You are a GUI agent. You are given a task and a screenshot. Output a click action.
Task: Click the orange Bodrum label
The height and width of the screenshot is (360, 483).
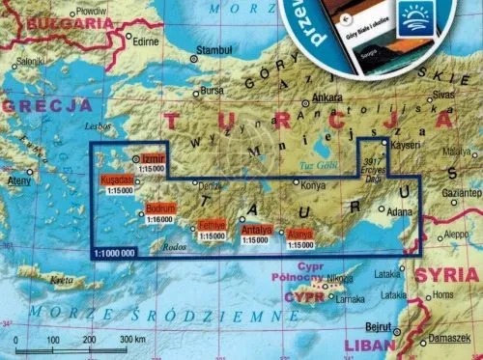coord(161,208)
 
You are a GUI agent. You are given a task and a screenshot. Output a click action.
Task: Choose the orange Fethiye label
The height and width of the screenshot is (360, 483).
coord(212,224)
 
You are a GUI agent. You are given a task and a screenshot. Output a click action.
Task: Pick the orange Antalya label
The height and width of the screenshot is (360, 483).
coord(256,230)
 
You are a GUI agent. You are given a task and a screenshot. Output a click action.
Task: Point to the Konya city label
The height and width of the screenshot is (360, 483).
coord(314,184)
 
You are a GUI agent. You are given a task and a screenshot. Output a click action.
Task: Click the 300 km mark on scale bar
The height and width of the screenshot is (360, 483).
coord(126,341)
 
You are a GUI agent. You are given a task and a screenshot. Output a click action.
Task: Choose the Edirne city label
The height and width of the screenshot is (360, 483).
coord(146,42)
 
